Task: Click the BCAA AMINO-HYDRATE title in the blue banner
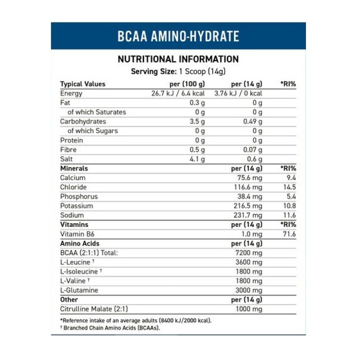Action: point(178,36)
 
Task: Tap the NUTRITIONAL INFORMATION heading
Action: point(178,59)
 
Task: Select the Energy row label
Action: point(71,94)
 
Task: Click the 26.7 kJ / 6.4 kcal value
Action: point(178,94)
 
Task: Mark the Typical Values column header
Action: point(82,84)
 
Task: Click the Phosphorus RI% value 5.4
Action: point(291,197)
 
